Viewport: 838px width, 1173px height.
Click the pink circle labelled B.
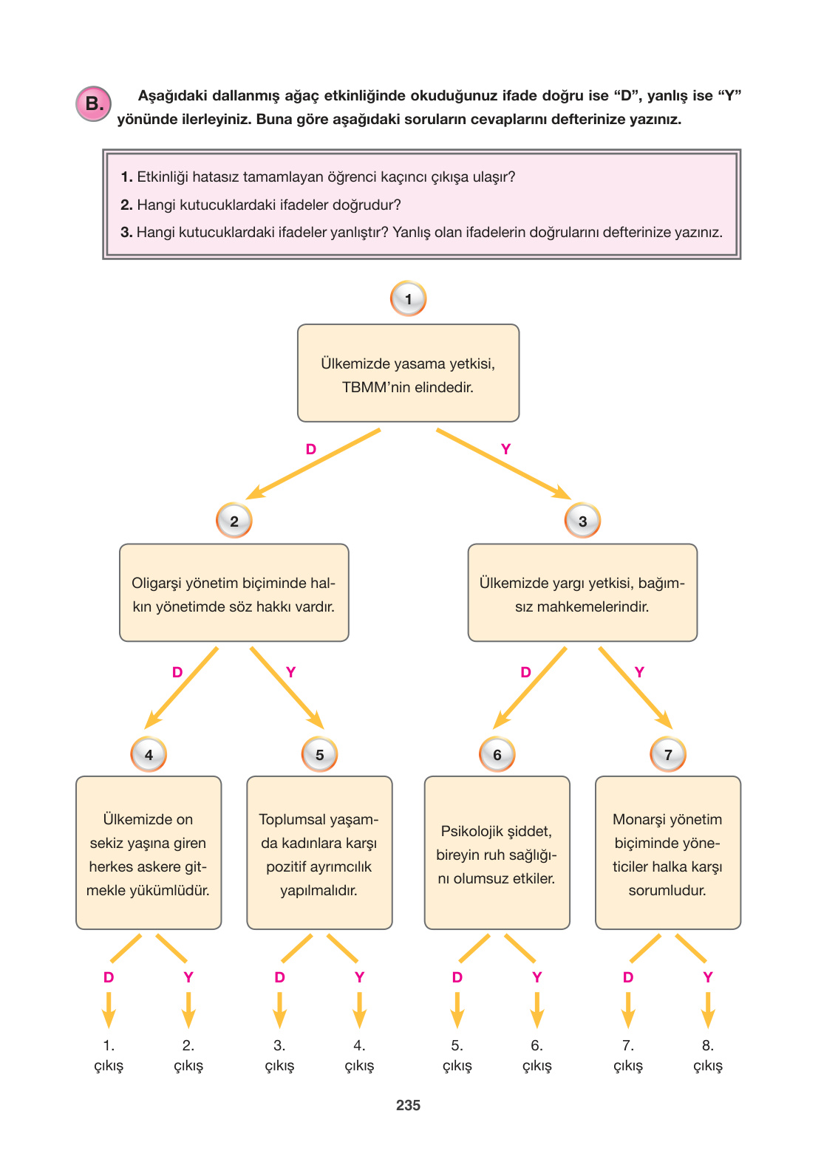tap(94, 104)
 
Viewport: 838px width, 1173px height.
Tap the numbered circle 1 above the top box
tap(408, 299)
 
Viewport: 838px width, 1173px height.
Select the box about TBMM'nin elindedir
tap(408, 373)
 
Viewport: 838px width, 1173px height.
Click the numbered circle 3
tap(582, 521)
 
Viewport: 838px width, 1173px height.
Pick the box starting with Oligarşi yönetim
tap(234, 592)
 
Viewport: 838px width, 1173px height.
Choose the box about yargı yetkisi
tap(582, 592)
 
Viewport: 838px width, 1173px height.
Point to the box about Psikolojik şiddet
tap(497, 852)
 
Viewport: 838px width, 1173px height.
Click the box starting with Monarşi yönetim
tap(667, 852)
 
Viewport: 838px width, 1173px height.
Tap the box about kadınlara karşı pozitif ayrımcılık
tap(319, 852)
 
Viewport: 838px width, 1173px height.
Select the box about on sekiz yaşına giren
tap(149, 852)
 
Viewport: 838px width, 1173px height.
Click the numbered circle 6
tap(497, 754)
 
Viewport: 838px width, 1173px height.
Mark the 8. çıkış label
tap(707, 1056)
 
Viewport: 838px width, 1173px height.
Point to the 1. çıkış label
tap(109, 1056)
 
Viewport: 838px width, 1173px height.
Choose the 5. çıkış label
tap(457, 1056)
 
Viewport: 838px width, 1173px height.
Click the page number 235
tap(408, 1105)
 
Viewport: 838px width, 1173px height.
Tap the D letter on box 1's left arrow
tap(311, 449)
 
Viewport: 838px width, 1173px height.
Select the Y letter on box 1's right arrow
tap(505, 449)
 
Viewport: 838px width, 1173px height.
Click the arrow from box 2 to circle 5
tap(287, 688)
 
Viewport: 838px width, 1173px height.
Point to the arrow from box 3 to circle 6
tap(530, 688)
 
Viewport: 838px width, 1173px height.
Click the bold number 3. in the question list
tap(126, 232)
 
